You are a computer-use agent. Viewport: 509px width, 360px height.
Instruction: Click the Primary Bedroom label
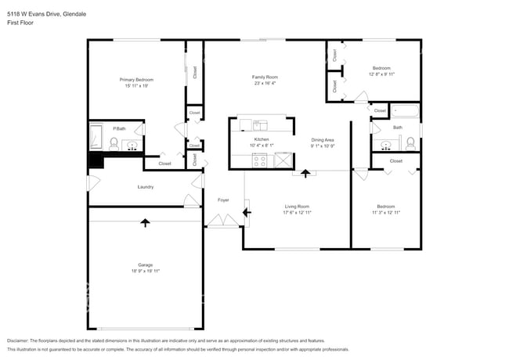coord(135,80)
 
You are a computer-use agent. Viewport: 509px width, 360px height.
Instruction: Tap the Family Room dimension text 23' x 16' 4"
coord(265,84)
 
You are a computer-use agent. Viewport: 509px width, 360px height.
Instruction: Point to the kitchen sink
coord(260,123)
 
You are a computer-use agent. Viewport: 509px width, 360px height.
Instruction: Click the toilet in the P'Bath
coord(114,143)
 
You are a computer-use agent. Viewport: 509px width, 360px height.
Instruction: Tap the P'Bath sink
coord(132,145)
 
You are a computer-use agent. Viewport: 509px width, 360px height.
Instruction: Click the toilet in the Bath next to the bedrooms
coord(410,142)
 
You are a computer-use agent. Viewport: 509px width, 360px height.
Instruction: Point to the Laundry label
coord(145,187)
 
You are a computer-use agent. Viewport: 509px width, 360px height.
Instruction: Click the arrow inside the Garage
coord(145,223)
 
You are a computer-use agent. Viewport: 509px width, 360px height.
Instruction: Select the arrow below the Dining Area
coord(305,171)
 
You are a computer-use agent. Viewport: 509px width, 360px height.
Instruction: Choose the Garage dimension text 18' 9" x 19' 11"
coord(145,271)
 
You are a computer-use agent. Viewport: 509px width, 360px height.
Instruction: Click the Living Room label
coord(296,206)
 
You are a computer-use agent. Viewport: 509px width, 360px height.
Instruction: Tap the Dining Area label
coord(323,139)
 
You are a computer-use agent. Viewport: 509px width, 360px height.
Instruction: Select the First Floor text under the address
coord(19,23)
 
